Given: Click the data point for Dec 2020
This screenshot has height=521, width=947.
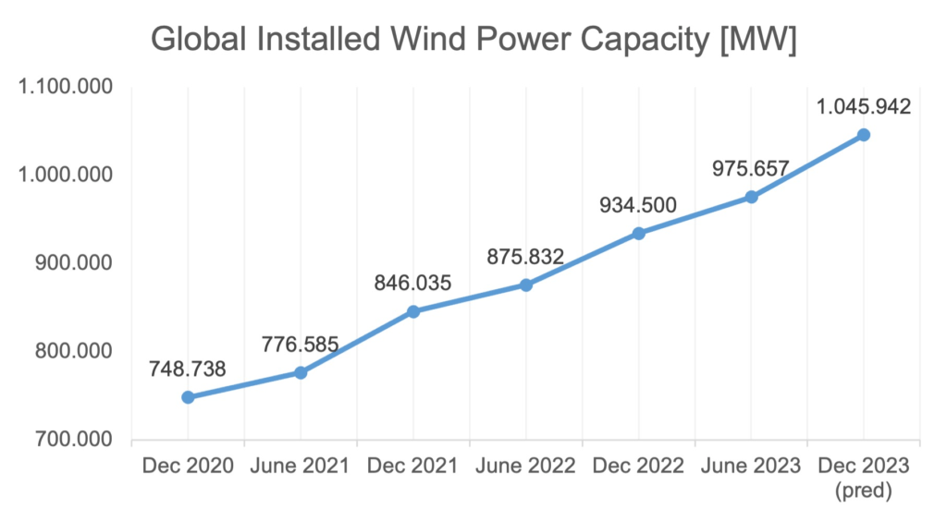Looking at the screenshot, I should coord(188,397).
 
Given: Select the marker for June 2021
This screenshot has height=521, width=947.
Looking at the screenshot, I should coord(301,372).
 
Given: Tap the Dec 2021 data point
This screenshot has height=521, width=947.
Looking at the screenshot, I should coord(413,311).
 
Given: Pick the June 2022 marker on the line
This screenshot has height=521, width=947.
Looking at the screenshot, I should coord(526,285).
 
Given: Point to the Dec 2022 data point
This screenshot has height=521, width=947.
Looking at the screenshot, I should coord(639,233).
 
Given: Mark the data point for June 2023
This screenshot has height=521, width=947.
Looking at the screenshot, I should coord(752,197).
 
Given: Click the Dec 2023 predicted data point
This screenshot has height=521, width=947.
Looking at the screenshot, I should coord(864,135).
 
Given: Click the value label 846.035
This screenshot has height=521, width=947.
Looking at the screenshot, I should coord(412,283).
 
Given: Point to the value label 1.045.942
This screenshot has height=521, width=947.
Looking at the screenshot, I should coord(864,106).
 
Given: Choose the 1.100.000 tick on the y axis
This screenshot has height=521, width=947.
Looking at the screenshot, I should coord(64,88).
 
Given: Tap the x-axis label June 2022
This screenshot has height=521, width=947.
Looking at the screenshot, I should coord(526,466).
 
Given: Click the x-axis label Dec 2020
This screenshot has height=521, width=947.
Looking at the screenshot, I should coord(188,466).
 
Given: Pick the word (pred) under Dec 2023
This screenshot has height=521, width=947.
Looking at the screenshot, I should coord(864,492).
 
